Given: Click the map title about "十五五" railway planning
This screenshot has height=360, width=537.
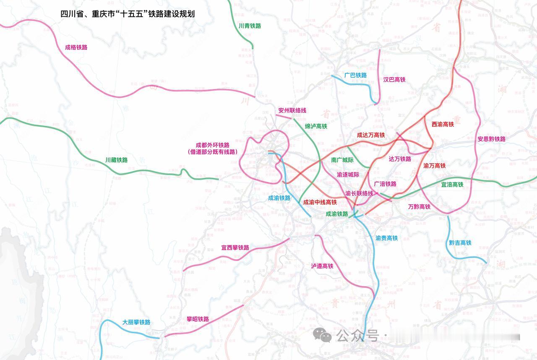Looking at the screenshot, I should pos(128,13).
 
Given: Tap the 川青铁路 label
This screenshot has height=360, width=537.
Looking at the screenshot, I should pos(250,26).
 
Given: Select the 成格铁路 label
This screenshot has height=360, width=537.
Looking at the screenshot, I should pos(76,47).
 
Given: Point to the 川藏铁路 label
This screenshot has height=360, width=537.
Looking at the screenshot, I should pos(116,160).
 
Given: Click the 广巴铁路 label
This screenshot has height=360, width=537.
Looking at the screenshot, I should pos(355,75).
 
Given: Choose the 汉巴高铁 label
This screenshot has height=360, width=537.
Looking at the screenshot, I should pos(394,79).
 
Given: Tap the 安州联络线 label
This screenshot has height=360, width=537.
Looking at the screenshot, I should pos(292,110).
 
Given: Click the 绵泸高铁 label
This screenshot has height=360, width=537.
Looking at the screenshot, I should pos(316,126).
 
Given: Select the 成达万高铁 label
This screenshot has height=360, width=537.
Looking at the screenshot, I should pos(371,135).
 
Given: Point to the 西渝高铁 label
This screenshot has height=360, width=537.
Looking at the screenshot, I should pos(443,124).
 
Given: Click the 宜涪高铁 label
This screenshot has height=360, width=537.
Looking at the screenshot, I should pos(452,184).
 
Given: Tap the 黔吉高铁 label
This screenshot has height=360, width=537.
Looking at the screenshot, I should pos(460,243).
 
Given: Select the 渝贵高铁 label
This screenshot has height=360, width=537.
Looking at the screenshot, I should pos(386,238).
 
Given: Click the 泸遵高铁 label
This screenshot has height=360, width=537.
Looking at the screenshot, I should pos(322,266).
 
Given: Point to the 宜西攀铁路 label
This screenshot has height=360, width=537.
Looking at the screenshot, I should pos(235,248).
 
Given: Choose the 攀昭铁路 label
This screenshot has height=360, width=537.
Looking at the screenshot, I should pos(198,319).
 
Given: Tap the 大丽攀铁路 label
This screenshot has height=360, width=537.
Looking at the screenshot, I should pos(136,322).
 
